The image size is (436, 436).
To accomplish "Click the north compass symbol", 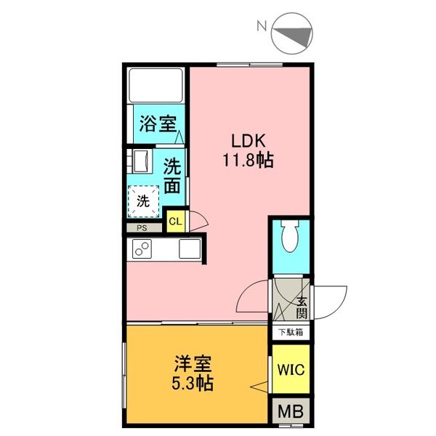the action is (x=292, y=33).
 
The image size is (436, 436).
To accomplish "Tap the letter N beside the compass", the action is (x=262, y=26).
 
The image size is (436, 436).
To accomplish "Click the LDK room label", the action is (x=249, y=141).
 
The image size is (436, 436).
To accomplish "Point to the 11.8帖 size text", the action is (x=249, y=160).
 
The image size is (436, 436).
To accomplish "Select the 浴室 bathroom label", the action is (x=158, y=124).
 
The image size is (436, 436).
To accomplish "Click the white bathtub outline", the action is (x=156, y=85).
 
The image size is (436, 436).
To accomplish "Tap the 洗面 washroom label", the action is (x=172, y=176).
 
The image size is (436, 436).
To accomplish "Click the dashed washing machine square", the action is (x=143, y=201).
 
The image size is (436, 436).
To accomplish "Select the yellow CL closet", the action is (x=176, y=222).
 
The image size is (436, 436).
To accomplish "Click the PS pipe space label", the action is (x=142, y=228).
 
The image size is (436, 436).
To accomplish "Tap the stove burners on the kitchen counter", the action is (x=142, y=249).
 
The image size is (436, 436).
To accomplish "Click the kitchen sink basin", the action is (x=190, y=249).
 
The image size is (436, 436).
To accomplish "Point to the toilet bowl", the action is (x=290, y=236).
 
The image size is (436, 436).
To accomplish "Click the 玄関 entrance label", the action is (x=302, y=308).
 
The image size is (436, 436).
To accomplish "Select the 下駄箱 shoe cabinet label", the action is (x=291, y=332).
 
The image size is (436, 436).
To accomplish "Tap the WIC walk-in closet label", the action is (x=291, y=370).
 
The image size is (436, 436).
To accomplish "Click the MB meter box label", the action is (x=291, y=411).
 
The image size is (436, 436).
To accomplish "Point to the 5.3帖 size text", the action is (x=193, y=384).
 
